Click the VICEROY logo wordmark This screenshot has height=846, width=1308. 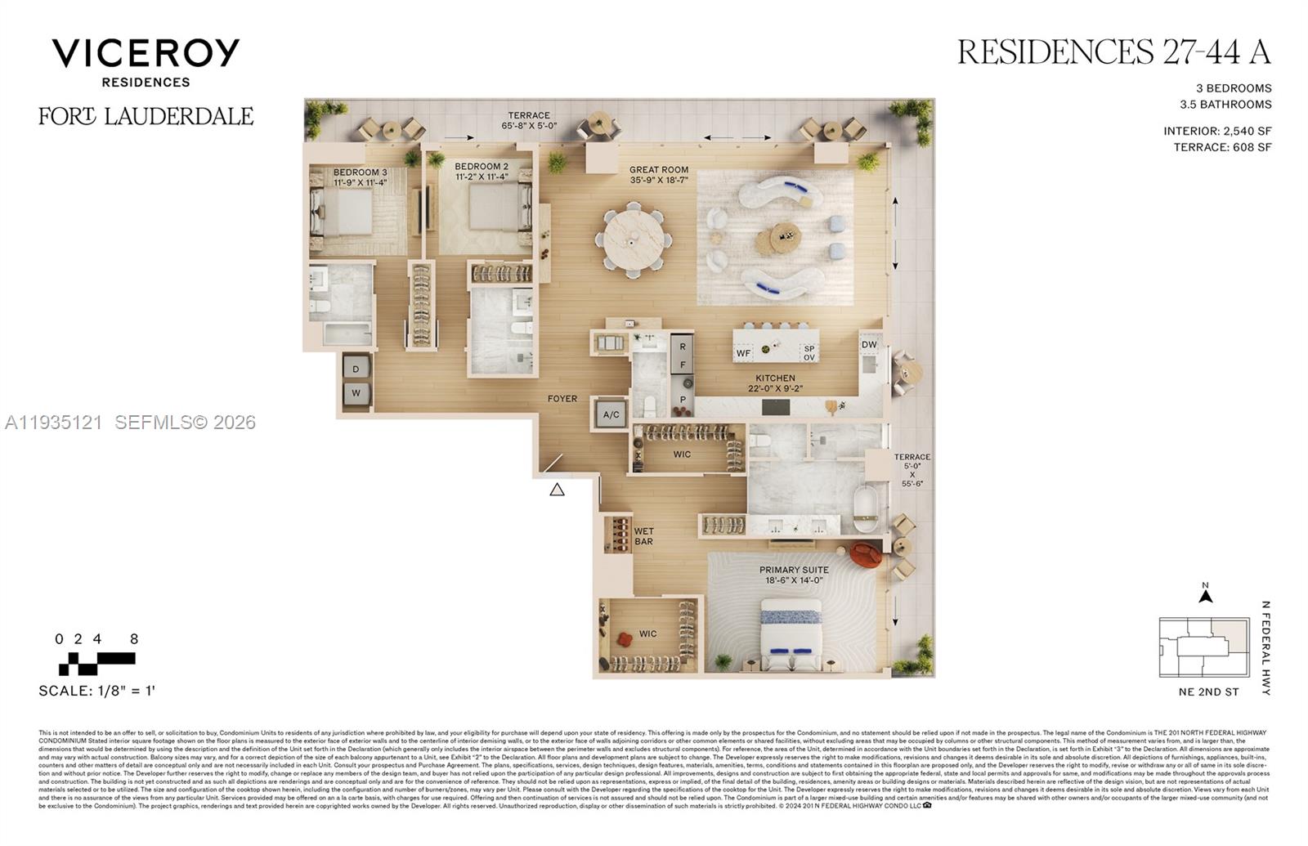[x=146, y=53]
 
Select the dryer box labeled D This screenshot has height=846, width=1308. [x=356, y=369]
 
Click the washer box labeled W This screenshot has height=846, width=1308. [x=356, y=393]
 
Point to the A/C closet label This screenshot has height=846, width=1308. [x=611, y=414]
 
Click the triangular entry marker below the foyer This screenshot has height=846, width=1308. [x=557, y=490]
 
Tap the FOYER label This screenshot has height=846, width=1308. [x=562, y=399]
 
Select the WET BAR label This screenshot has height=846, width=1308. [x=644, y=536]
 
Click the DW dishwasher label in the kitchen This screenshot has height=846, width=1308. [x=869, y=344]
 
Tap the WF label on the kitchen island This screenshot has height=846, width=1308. [x=743, y=353]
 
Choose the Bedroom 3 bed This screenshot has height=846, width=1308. [x=343, y=212]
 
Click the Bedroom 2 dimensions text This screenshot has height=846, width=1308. [x=482, y=177]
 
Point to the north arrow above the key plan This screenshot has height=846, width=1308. [x=1205, y=595]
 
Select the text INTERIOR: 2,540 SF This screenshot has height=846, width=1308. [x=1217, y=131]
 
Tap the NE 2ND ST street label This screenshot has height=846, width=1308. [x=1208, y=692]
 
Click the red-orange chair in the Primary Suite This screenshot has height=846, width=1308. [x=866, y=555]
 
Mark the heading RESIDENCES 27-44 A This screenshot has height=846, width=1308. [x=1113, y=52]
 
